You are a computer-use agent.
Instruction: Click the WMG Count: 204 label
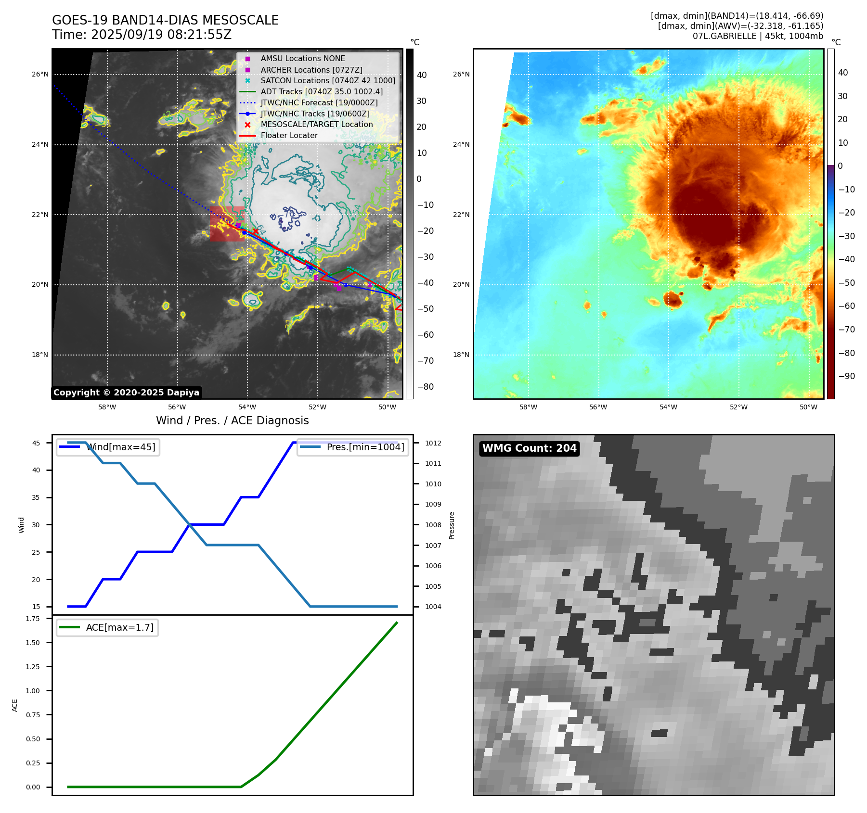click(529, 448)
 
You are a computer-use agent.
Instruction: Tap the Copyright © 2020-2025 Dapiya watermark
click(126, 393)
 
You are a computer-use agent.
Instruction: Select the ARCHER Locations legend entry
click(311, 70)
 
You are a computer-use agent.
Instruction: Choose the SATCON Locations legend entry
click(327, 81)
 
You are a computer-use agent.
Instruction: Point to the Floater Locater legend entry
click(289, 136)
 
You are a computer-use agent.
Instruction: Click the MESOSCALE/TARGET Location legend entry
click(316, 125)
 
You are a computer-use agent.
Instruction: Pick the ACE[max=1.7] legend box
click(107, 628)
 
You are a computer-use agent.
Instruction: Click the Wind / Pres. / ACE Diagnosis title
click(233, 421)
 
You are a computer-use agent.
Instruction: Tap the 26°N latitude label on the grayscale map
click(40, 75)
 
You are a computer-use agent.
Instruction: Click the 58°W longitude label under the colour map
click(528, 407)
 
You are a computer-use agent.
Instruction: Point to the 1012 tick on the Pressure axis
click(433, 443)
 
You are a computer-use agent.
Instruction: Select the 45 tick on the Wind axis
click(36, 443)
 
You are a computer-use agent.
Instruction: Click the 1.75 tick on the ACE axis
click(33, 619)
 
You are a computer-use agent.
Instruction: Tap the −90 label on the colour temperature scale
click(846, 376)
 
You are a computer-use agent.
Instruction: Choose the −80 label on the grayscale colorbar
click(425, 387)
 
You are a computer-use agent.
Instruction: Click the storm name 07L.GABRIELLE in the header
click(724, 36)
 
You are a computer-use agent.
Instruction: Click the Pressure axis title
click(452, 525)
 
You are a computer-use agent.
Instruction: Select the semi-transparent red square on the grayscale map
click(227, 224)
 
